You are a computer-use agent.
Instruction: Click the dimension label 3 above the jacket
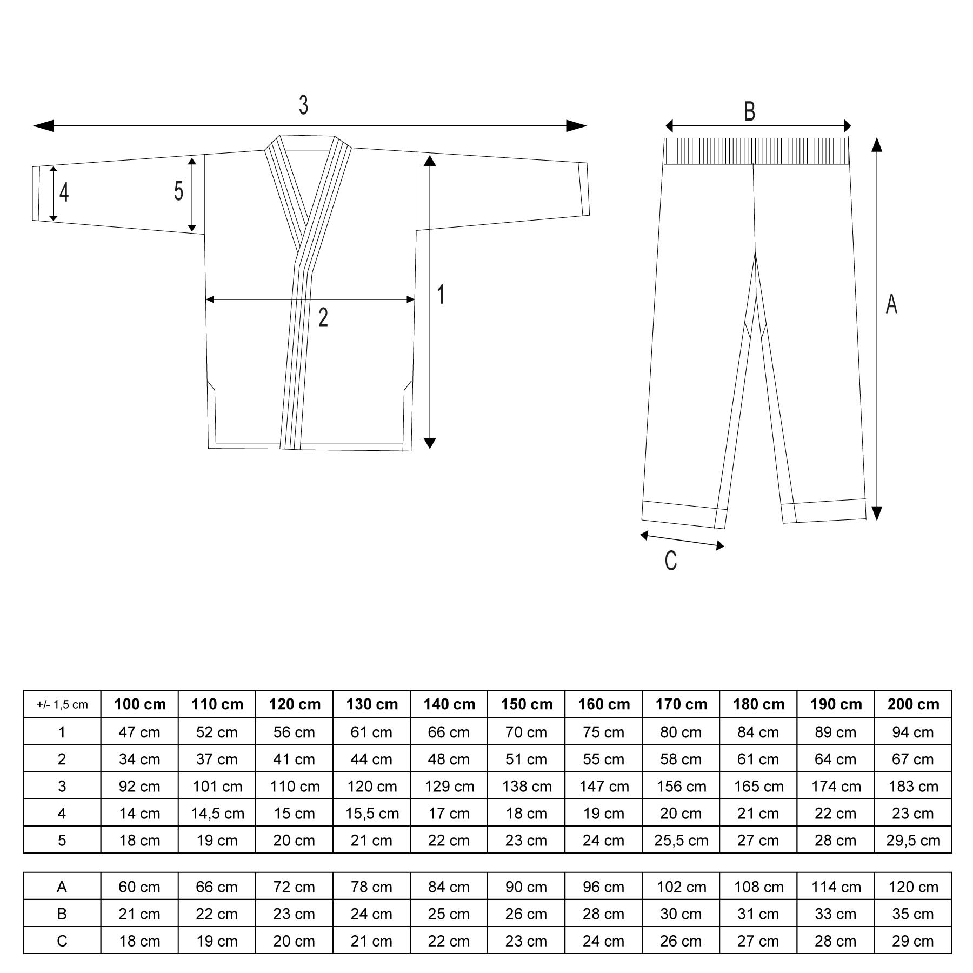click(x=303, y=105)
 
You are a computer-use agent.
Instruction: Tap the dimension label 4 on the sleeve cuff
click(x=64, y=192)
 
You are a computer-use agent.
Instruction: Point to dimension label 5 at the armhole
click(x=178, y=191)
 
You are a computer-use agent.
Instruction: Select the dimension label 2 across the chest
click(x=323, y=318)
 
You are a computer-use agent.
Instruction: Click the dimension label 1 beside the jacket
click(x=441, y=295)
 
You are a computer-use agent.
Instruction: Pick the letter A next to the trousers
click(x=891, y=304)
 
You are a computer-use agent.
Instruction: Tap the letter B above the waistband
click(x=749, y=111)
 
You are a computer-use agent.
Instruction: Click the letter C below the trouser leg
click(x=670, y=561)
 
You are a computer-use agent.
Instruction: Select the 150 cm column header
click(x=527, y=704)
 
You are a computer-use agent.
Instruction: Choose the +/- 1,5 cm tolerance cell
click(x=62, y=704)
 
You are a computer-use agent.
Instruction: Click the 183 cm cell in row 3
click(x=913, y=787)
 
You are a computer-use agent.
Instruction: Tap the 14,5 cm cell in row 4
click(x=217, y=814)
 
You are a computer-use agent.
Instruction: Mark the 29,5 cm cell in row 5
click(x=913, y=841)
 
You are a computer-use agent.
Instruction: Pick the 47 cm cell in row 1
click(x=139, y=732)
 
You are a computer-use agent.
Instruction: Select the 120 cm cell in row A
click(x=913, y=887)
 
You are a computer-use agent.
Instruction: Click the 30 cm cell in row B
click(x=681, y=914)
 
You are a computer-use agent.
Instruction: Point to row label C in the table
click(x=62, y=941)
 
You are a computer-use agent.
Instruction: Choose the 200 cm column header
click(x=913, y=704)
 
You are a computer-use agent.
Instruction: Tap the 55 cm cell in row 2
click(x=603, y=759)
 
